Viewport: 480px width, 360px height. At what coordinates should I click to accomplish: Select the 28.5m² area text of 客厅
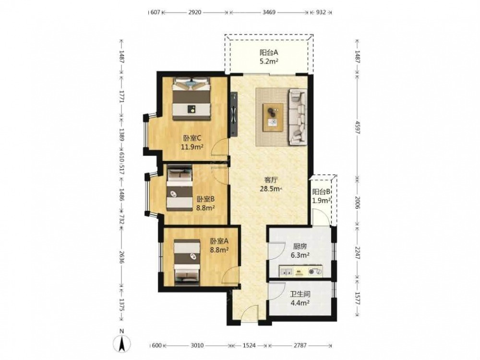point(271,189)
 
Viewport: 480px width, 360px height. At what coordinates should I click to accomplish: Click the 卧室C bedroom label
point(192,138)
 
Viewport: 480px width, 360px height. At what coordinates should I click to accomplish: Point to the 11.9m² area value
point(192,147)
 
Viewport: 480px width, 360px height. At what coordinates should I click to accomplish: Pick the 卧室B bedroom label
point(205,199)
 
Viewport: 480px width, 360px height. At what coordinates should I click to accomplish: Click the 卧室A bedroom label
point(219,241)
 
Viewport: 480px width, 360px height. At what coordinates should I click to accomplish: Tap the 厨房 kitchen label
point(300,246)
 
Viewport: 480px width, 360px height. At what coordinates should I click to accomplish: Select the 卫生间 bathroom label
point(300,294)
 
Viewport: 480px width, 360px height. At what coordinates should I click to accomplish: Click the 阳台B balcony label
point(321,192)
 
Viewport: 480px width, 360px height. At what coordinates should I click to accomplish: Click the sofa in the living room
point(297,116)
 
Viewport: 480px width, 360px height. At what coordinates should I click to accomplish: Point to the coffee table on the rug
point(273,118)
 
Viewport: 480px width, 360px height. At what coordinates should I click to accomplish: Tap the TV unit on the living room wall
point(234,114)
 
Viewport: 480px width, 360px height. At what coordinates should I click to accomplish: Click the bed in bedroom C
point(192,98)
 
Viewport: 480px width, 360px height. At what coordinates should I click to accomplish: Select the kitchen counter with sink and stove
point(300,271)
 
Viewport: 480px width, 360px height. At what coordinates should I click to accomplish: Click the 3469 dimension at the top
point(269,12)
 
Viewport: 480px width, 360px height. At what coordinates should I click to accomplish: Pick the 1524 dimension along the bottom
point(249,346)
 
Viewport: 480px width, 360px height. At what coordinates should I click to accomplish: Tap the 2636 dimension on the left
point(121,257)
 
